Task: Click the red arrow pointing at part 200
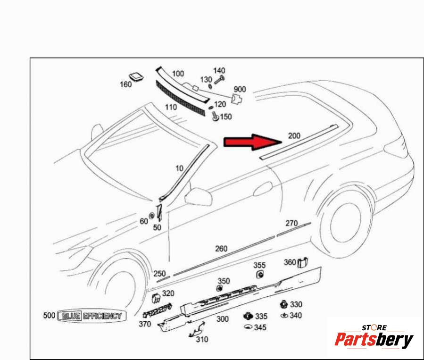pyautogui.click(x=253, y=142)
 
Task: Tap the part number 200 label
pyautogui.click(x=294, y=135)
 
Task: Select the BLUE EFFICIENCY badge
pyautogui.click(x=91, y=316)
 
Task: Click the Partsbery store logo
pyautogui.click(x=374, y=337)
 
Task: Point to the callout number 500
pyautogui.click(x=49, y=315)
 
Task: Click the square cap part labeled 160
pyautogui.click(x=136, y=76)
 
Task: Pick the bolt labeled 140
pyautogui.click(x=220, y=80)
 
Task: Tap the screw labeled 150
pyautogui.click(x=216, y=116)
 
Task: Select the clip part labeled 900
pyautogui.click(x=237, y=99)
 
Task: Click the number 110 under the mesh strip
pyautogui.click(x=171, y=107)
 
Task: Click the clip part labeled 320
pyautogui.click(x=156, y=298)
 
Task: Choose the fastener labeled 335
pyautogui.click(x=248, y=316)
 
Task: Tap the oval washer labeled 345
pyautogui.click(x=248, y=327)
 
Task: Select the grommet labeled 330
pyautogui.click(x=283, y=304)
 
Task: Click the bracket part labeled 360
pyautogui.click(x=303, y=262)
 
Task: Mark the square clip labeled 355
pyautogui.click(x=260, y=274)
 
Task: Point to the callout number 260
pyautogui.click(x=221, y=249)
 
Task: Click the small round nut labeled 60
pyautogui.click(x=152, y=216)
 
